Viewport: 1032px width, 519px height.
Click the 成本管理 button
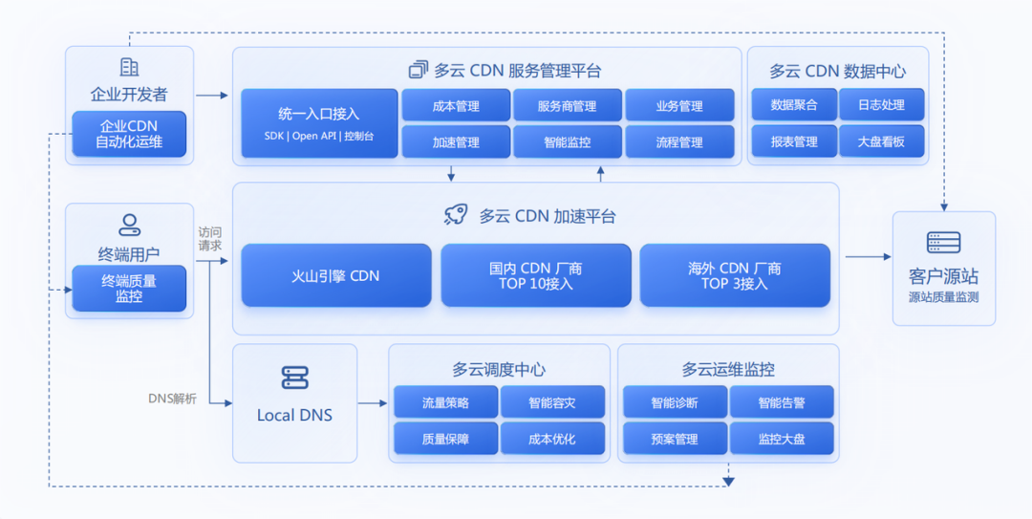tap(456, 105)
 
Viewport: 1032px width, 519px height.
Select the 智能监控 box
tap(568, 141)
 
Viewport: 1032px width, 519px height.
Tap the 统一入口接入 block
tap(319, 123)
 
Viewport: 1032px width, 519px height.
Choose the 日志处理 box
tap(881, 105)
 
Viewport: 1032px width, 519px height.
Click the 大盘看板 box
tap(881, 141)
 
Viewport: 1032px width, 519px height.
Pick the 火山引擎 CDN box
tap(335, 275)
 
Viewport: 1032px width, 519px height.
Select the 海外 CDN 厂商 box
tap(735, 275)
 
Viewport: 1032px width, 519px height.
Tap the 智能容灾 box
tap(552, 401)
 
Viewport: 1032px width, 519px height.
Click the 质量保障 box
tap(445, 439)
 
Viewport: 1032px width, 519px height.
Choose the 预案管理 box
tap(675, 439)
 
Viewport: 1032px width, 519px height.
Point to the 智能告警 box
tap(782, 401)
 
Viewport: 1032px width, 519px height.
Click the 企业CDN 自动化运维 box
tap(129, 134)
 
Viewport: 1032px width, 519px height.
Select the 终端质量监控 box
tap(129, 289)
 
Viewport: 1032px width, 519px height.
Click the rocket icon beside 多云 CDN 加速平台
tap(456, 215)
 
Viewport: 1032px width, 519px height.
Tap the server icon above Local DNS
tap(295, 378)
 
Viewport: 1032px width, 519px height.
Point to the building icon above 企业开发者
tap(129, 67)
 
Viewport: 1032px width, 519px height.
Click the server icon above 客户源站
tap(943, 243)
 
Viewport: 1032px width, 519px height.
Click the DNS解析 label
tap(172, 399)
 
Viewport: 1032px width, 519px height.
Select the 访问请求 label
tap(210, 238)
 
